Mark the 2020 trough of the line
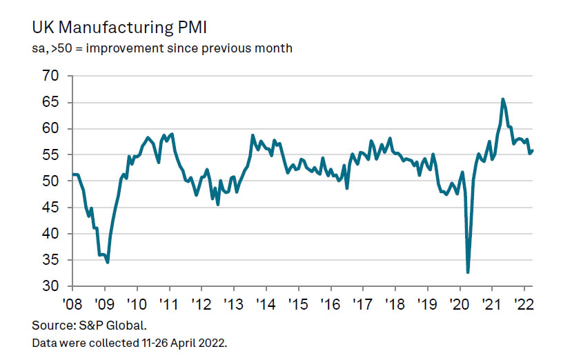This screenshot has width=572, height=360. pos(468,272)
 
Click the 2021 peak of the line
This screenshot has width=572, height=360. pos(502,99)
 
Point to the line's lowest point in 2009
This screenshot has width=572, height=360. pos(108,262)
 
